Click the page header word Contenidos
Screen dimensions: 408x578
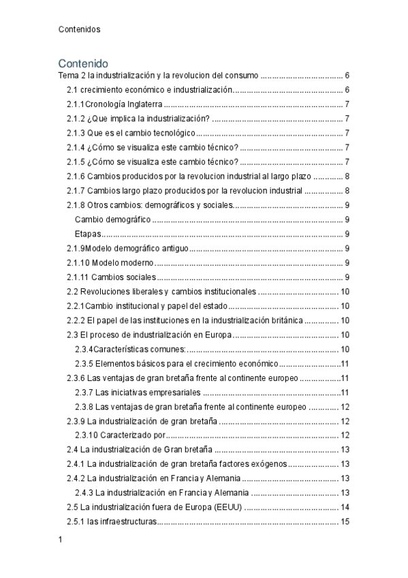pos(80,29)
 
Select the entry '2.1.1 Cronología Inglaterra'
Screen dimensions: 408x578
pos(114,104)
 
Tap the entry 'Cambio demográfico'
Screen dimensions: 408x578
pos(113,219)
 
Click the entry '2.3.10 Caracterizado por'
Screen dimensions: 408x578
pos(120,436)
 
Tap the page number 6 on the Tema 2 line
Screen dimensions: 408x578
pos(347,76)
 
